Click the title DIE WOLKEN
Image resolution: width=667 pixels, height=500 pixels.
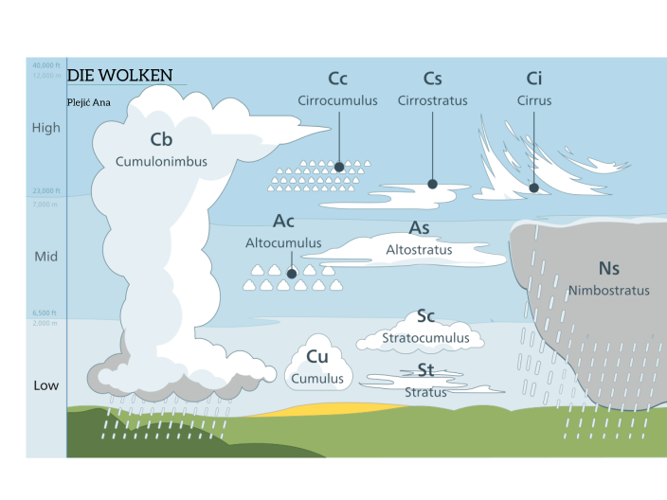coord(119,75)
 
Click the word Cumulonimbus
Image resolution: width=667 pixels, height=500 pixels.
coord(161,161)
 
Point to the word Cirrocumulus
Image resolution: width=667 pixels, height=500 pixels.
coord(337,100)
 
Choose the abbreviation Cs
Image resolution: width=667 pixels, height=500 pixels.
coord(433,79)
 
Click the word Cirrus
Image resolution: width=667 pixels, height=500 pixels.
coord(534,100)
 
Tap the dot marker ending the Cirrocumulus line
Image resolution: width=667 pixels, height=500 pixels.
coord(338,167)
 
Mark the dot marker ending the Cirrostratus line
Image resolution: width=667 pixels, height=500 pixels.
coord(432,184)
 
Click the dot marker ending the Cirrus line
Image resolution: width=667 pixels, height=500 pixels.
coord(534,187)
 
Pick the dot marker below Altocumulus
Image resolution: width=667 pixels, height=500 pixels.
coord(292,274)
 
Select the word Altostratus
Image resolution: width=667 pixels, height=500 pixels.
coord(419,250)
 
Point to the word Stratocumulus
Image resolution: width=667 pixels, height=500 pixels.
coord(425,337)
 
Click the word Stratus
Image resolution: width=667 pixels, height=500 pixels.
coord(425,392)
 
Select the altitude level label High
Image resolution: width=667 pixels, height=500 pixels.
coord(46,128)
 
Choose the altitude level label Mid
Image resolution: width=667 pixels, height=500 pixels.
coord(46,257)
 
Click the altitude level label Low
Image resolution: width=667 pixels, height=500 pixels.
coord(46,385)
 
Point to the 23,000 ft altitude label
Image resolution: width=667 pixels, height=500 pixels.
coord(45,191)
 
